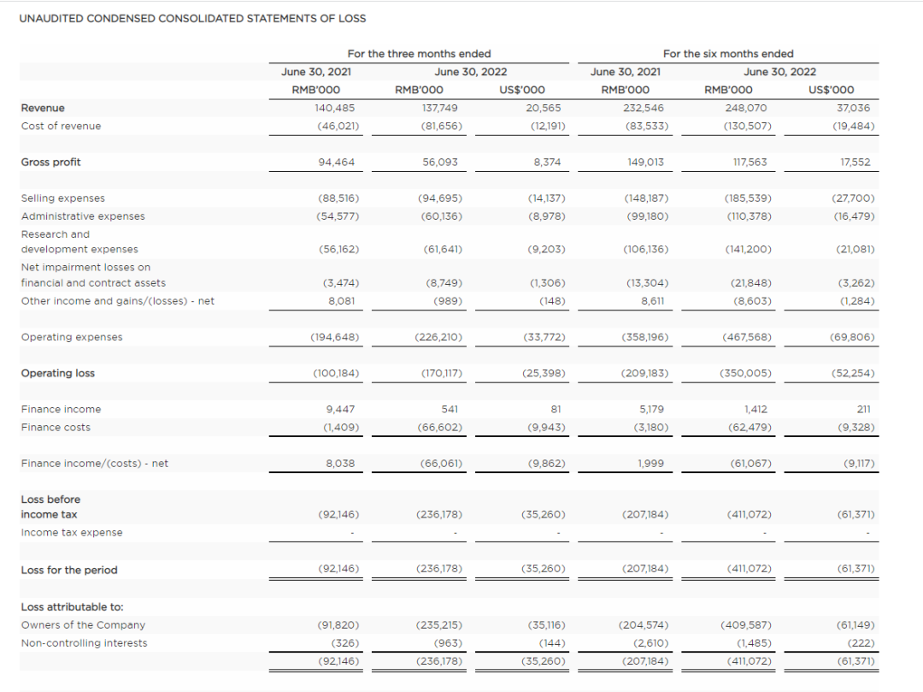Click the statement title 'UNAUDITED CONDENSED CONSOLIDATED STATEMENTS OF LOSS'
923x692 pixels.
point(192,18)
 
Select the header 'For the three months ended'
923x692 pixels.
point(419,54)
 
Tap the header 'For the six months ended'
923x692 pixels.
point(728,54)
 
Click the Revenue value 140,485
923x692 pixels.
point(334,108)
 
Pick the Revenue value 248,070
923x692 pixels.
point(747,108)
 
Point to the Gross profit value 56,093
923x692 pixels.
point(440,162)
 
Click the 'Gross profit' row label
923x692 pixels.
point(50,162)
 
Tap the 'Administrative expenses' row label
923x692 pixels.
point(83,216)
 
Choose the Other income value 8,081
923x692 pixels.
point(340,301)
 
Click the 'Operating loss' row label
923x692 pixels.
point(58,373)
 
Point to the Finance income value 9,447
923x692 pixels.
point(340,410)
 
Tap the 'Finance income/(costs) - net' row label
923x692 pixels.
point(94,464)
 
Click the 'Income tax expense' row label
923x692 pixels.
point(72,532)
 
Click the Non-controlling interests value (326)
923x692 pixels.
point(345,643)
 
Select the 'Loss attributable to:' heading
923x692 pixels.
point(72,606)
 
